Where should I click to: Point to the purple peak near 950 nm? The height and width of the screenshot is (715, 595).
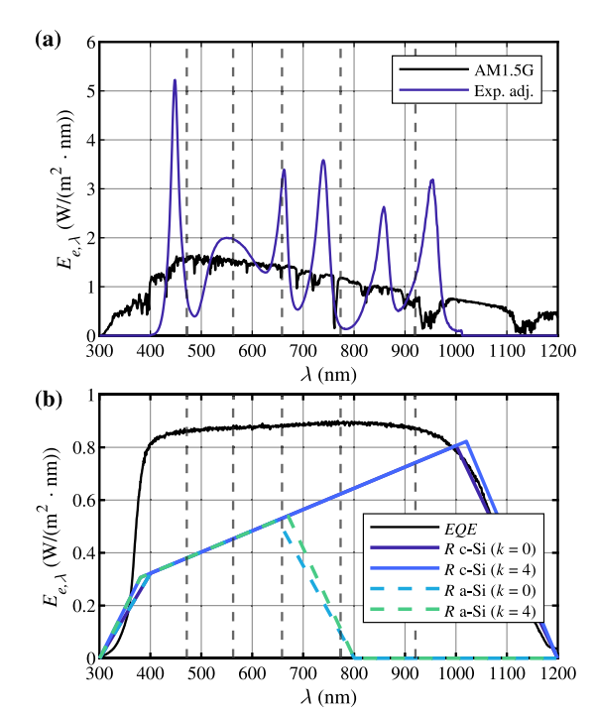[432, 179]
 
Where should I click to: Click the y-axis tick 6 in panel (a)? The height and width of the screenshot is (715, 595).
[88, 44]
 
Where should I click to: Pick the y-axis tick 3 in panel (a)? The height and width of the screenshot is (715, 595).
[88, 189]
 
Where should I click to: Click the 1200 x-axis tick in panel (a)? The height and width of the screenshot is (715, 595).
[557, 351]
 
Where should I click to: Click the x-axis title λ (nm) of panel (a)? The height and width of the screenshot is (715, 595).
[328, 374]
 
